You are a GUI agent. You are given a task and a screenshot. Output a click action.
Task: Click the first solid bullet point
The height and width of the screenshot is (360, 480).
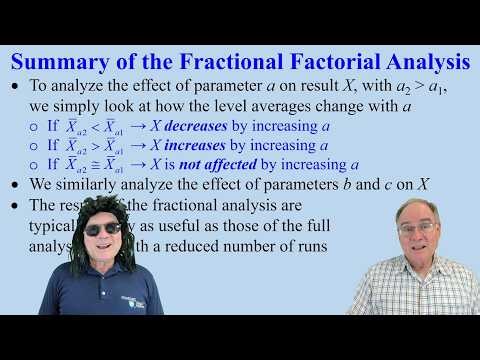14,88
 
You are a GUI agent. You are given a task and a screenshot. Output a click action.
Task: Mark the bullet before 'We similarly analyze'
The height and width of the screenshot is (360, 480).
14,185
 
